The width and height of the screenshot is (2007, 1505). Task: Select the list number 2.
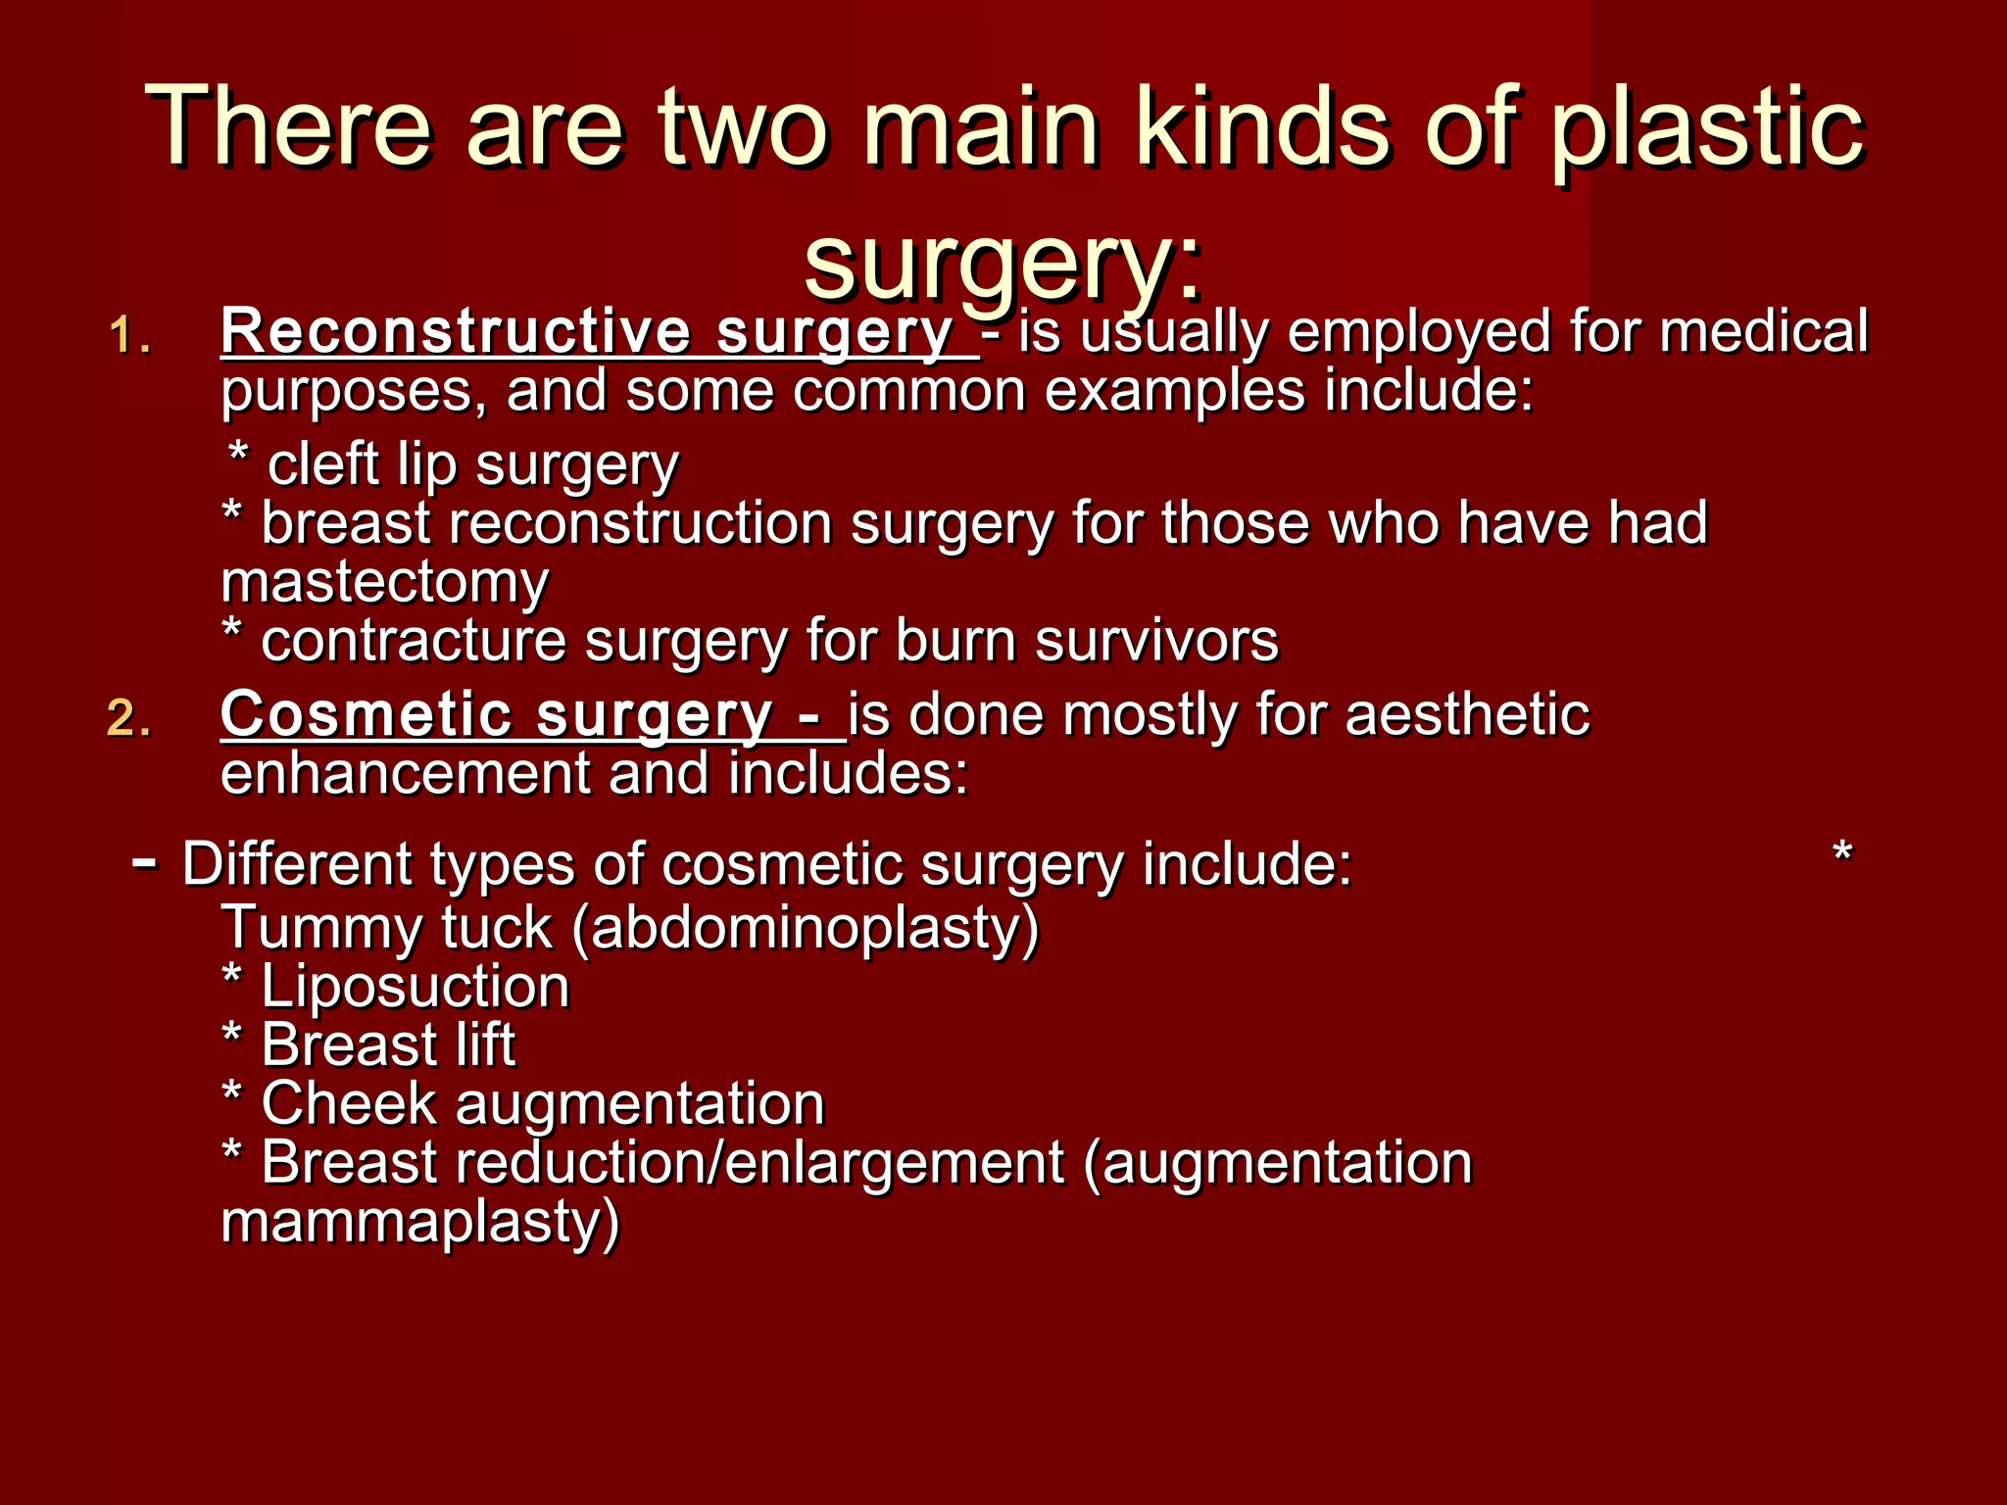pyautogui.click(x=129, y=720)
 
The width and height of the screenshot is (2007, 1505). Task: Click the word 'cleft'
pyautogui.click(x=324, y=463)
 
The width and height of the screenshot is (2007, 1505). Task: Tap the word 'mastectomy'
pyautogui.click(x=385, y=582)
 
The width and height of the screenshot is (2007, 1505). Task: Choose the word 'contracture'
pyautogui.click(x=414, y=641)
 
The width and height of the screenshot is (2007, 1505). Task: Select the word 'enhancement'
pyautogui.click(x=404, y=773)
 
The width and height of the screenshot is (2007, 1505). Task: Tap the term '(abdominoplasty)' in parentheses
pyautogui.click(x=806, y=928)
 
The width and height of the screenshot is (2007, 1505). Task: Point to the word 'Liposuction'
pyautogui.click(x=416, y=986)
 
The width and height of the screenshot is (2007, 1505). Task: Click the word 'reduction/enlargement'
pyautogui.click(x=760, y=1163)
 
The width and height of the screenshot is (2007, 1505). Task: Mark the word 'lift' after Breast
pyautogui.click(x=485, y=1044)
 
